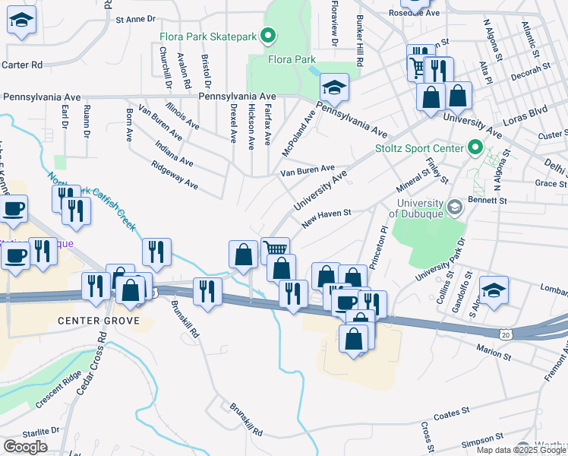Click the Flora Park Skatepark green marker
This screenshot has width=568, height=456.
267,35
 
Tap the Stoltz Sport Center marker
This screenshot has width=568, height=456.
476,147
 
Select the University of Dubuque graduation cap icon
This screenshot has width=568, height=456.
453,207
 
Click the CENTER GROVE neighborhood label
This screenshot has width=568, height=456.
99,321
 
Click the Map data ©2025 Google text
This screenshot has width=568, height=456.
521,450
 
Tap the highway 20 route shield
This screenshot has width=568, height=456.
506,334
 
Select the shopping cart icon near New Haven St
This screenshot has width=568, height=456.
275,249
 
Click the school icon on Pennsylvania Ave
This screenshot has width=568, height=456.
333,88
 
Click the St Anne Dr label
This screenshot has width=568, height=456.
135,17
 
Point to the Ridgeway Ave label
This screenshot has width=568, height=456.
175,175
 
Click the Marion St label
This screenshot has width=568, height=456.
494,353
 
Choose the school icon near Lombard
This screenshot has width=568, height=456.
494,292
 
